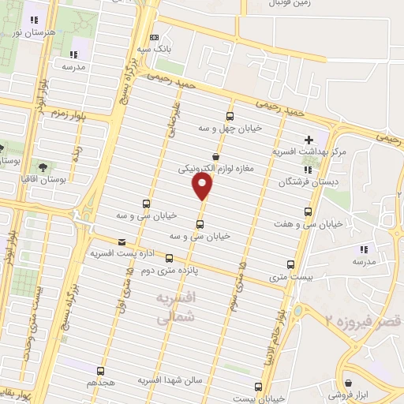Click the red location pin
pos(202,185)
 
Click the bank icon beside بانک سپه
pos(154,37)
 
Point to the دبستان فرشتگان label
pos(307,181)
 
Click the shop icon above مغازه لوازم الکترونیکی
pos(215,155)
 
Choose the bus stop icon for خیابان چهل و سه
pos(230,114)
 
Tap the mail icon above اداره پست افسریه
pos(121,241)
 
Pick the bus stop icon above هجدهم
pos(101,370)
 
